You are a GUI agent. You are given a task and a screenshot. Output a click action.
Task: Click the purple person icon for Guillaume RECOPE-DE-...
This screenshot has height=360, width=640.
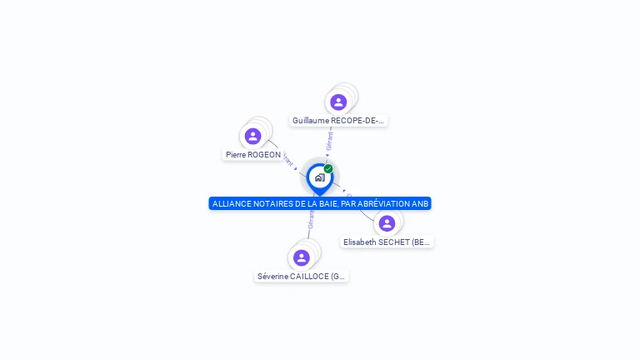(x=338, y=102)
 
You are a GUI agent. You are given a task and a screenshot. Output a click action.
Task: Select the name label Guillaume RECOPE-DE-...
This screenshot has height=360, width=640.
(x=338, y=121)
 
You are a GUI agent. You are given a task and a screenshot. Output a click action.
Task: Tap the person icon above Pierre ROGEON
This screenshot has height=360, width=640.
(x=252, y=136)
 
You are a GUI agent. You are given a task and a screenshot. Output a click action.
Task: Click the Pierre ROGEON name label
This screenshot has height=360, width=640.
(x=253, y=155)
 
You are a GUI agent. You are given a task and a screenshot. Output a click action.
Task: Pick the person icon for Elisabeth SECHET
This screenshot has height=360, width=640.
(x=387, y=223)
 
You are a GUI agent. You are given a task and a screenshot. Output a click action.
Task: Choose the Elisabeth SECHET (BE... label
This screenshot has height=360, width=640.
(x=387, y=242)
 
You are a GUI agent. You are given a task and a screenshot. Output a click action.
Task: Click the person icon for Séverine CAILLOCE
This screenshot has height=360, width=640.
(x=302, y=257)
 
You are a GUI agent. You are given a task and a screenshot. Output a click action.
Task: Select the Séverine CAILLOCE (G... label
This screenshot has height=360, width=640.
(x=302, y=277)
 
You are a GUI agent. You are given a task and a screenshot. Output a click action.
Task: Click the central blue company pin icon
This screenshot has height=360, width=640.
(x=319, y=177)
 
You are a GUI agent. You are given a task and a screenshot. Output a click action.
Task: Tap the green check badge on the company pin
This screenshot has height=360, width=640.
(x=328, y=168)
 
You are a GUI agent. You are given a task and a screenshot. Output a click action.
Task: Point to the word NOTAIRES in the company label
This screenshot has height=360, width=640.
(x=271, y=204)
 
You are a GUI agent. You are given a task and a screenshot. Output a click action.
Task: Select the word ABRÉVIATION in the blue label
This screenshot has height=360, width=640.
(x=386, y=204)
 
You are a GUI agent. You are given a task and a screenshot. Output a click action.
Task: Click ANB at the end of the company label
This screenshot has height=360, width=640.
(x=421, y=204)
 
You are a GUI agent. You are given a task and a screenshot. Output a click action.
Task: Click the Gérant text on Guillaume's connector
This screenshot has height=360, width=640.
(x=330, y=140)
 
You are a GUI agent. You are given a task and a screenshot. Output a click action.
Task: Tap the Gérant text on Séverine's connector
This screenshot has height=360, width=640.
(x=311, y=219)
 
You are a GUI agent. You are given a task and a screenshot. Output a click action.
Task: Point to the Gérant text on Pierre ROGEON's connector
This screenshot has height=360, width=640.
(x=287, y=157)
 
